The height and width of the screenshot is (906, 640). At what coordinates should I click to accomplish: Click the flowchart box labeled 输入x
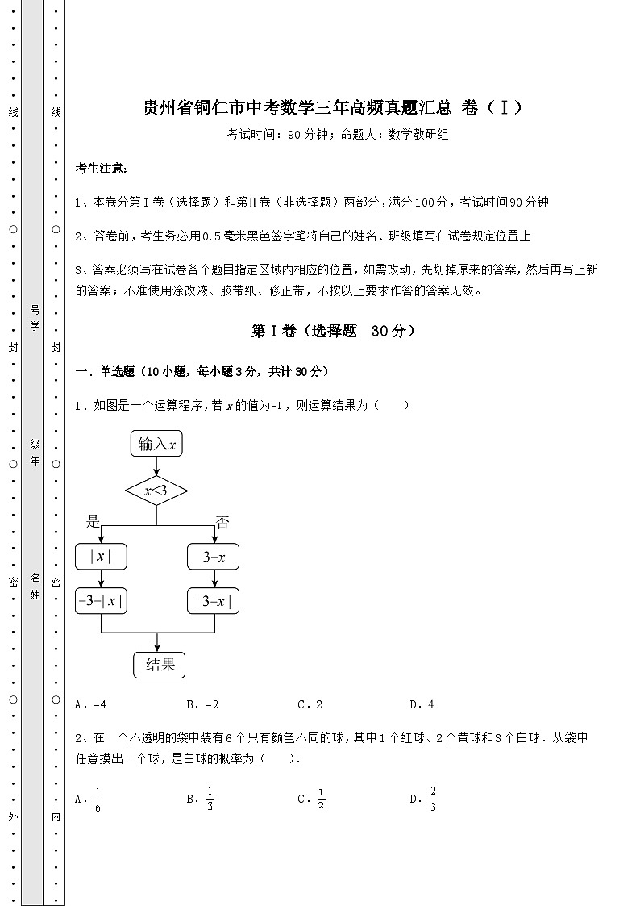pyautogui.click(x=156, y=444)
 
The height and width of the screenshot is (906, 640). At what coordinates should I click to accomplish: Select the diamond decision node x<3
pyautogui.click(x=156, y=490)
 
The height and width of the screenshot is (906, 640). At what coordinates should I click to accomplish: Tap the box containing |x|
pyautogui.click(x=101, y=557)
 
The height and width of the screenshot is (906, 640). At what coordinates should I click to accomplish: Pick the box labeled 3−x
pyautogui.click(x=214, y=557)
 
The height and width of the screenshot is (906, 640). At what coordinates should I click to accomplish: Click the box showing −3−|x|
pyautogui.click(x=101, y=601)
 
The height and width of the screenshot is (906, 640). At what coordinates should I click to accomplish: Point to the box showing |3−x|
pyautogui.click(x=214, y=601)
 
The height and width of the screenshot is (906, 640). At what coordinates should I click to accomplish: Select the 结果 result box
pyautogui.click(x=160, y=664)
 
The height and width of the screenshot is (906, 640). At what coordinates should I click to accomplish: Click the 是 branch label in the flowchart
pyautogui.click(x=93, y=522)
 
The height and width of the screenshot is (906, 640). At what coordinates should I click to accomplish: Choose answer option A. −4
pyautogui.click(x=90, y=704)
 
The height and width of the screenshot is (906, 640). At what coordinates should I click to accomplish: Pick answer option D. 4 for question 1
pyautogui.click(x=422, y=704)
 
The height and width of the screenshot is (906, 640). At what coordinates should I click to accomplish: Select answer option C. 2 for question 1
pyautogui.click(x=310, y=704)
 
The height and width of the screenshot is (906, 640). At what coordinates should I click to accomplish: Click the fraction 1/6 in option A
pyautogui.click(x=98, y=799)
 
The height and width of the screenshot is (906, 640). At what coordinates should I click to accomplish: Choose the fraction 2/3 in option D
pyautogui.click(x=433, y=799)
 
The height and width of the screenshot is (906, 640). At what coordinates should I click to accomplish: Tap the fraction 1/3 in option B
pyautogui.click(x=209, y=799)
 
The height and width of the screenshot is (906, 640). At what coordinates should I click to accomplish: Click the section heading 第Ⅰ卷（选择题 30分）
pyautogui.click(x=333, y=331)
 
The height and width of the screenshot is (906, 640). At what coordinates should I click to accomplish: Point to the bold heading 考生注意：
pyautogui.click(x=100, y=169)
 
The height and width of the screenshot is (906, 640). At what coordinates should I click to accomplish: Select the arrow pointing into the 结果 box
pyautogui.click(x=156, y=641)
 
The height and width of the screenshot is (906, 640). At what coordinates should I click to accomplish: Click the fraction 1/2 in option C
pyautogui.click(x=321, y=799)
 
